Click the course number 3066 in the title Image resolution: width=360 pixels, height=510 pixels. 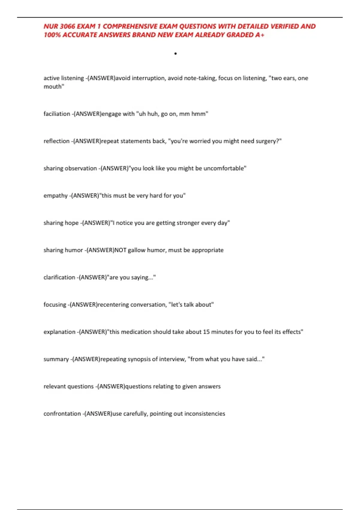[67, 26]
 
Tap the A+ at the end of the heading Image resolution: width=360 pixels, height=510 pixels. [260, 35]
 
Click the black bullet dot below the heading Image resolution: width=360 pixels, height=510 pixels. [175, 54]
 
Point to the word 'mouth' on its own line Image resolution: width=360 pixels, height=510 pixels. [53, 87]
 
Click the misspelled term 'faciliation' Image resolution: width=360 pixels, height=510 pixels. [57, 114]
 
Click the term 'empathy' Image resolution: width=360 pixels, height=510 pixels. [55, 196]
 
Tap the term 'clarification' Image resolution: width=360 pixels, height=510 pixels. [59, 277]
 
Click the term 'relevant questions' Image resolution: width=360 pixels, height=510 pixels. [69, 387]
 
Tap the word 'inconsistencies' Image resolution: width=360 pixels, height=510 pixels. [205, 414]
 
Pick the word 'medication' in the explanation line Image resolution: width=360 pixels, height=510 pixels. [136, 332]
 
